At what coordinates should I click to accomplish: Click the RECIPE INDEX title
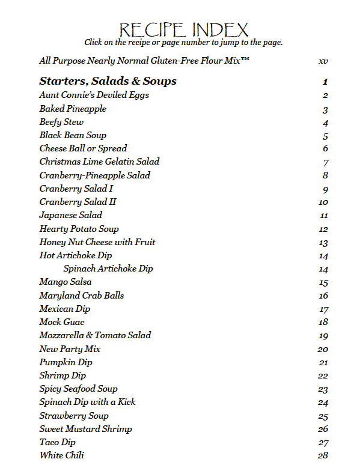183,29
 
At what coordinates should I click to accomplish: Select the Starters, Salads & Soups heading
108,81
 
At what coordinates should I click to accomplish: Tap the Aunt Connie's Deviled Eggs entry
94,95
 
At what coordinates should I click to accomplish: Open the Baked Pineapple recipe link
73,109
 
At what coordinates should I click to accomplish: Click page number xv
323,61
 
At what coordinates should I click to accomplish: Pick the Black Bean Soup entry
73,135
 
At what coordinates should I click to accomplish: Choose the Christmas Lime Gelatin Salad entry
99,162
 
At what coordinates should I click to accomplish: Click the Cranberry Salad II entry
78,202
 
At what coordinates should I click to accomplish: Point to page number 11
324,216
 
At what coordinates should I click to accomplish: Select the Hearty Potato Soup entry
79,229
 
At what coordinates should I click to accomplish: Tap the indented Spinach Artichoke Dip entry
108,269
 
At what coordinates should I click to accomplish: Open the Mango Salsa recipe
66,282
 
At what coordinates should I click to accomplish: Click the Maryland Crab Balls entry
82,296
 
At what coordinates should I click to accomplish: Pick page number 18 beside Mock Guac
323,323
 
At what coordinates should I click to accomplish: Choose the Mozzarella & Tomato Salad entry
95,335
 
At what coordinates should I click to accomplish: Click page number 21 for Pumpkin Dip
323,363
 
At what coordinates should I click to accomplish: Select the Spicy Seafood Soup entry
78,389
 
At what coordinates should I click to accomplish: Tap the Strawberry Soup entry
74,416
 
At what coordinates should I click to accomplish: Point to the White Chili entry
61,455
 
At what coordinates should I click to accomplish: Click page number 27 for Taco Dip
323,443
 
